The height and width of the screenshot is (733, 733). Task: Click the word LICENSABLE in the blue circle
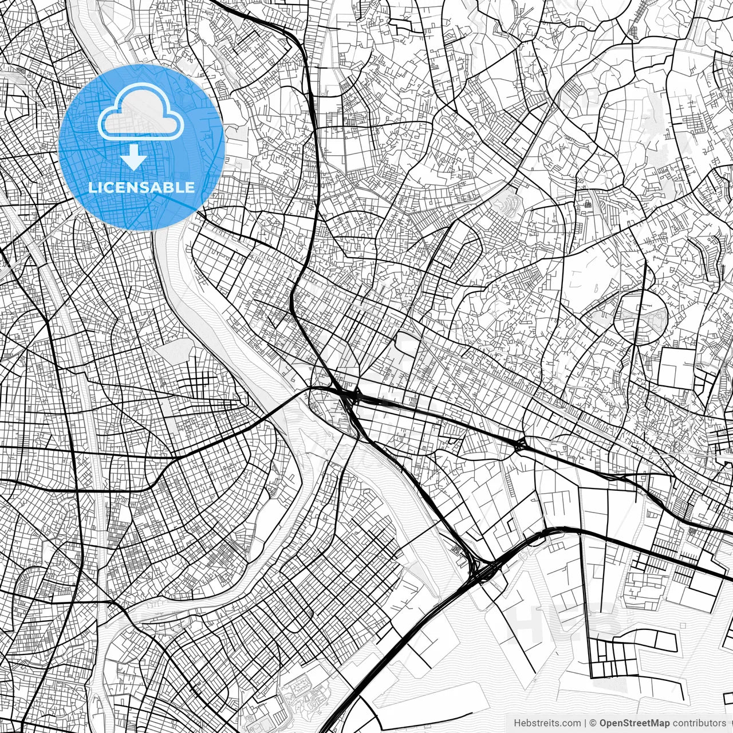141,187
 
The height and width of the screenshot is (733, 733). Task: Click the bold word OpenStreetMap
635,723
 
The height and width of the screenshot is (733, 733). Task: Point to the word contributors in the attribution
699,723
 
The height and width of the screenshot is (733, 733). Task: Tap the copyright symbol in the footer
593,723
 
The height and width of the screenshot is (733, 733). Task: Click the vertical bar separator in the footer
585,723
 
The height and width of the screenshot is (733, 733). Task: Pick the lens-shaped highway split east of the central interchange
520,444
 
